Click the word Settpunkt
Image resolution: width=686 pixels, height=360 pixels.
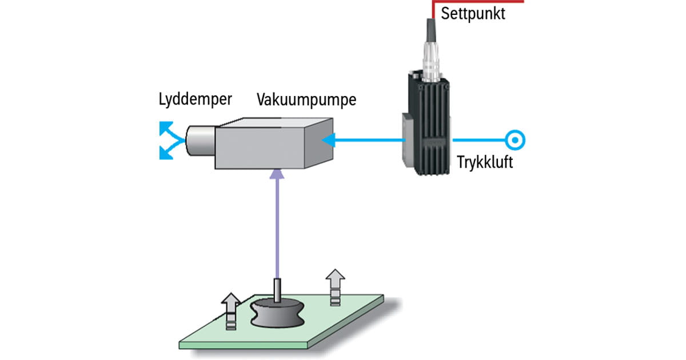[x=473, y=14]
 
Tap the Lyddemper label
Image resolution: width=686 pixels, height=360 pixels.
[x=196, y=99]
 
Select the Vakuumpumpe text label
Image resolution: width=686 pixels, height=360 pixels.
[x=306, y=99]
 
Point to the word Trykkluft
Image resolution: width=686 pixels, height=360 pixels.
[x=485, y=162]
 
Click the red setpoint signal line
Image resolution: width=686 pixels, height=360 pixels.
[x=486, y=2]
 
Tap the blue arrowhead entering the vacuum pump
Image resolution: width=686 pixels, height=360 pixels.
[x=328, y=139]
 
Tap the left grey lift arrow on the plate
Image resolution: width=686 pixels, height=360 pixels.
[x=231, y=309]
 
